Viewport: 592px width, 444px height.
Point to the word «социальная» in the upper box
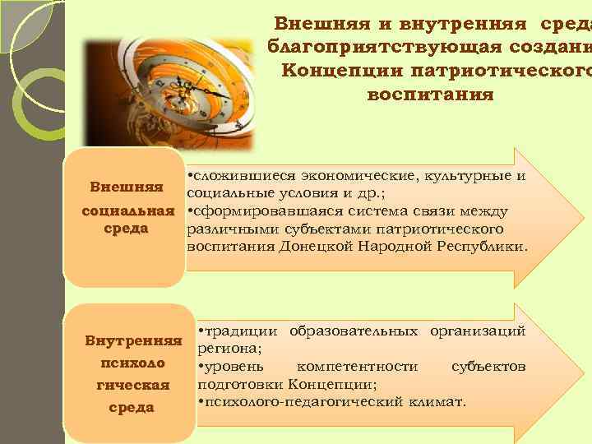(x=128, y=211)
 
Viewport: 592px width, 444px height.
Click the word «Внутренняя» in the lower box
(x=134, y=340)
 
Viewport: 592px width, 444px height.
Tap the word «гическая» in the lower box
(x=134, y=385)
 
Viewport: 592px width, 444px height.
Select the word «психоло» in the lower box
(x=134, y=363)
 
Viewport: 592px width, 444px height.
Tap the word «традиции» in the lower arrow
(x=240, y=331)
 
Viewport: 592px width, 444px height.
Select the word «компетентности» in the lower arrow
(x=358, y=366)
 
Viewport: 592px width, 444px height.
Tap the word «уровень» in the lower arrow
(x=234, y=366)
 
